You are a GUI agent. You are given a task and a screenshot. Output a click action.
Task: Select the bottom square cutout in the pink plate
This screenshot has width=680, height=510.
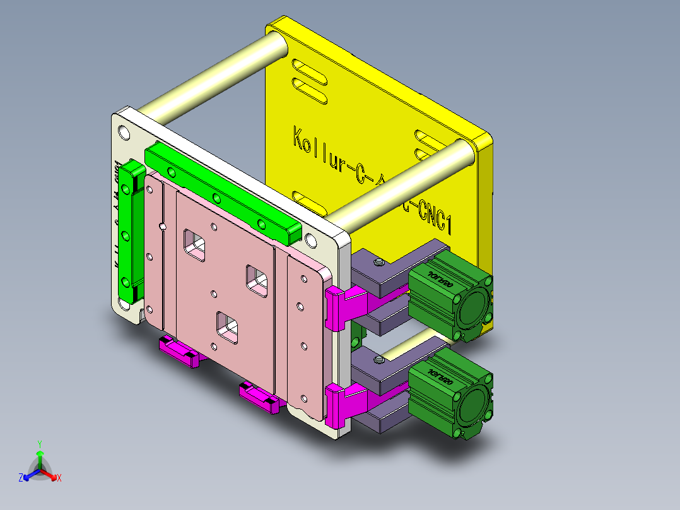pyautogui.click(x=228, y=326)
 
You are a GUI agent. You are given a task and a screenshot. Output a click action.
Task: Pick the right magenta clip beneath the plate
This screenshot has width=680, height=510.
pyautogui.click(x=259, y=397)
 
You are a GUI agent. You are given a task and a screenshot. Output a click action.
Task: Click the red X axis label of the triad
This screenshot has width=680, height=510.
pyautogui.click(x=59, y=478)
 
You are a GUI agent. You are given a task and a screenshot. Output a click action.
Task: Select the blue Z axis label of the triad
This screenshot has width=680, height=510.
pyautogui.click(x=21, y=478)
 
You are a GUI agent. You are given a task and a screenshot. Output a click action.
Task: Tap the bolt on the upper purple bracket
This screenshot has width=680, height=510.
pyautogui.click(x=378, y=262)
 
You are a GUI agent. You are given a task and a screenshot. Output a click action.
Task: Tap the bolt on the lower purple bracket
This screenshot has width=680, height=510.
pyautogui.click(x=378, y=360)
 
